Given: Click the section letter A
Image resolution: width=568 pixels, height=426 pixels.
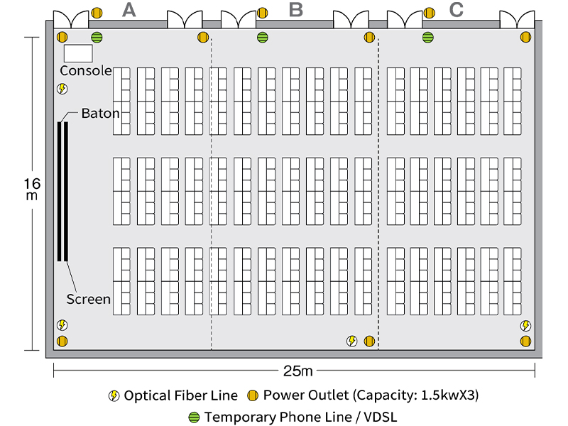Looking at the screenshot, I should click(x=129, y=10).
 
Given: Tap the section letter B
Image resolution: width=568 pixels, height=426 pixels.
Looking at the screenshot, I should click(x=296, y=10).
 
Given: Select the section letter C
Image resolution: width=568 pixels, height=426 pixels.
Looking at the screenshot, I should click(x=457, y=10).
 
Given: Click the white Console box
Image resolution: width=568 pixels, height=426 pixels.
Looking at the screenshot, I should click(x=78, y=53).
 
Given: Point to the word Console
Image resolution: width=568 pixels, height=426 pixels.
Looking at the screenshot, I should click(x=85, y=70).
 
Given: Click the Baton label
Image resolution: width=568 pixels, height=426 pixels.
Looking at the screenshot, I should click(x=100, y=113).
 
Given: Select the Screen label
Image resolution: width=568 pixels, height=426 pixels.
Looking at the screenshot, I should click(x=89, y=299).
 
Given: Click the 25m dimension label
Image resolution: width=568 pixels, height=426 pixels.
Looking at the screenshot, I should click(x=297, y=371).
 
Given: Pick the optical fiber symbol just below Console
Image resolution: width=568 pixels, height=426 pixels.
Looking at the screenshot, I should click(x=62, y=89).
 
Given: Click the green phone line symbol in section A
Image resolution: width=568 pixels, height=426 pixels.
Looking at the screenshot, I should click(x=97, y=37).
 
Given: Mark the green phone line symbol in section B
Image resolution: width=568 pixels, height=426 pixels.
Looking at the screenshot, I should click(x=263, y=37).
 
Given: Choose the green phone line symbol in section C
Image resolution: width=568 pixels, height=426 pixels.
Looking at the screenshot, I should click(x=428, y=37).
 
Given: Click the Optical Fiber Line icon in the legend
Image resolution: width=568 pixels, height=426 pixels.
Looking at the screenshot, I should click(x=114, y=395).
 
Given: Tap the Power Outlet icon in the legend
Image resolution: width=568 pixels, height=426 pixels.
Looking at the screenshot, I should click(x=253, y=395).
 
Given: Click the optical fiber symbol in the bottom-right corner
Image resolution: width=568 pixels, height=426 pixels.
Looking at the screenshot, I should click(x=525, y=326).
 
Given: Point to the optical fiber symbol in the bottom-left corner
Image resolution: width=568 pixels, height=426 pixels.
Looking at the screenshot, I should click(x=62, y=325).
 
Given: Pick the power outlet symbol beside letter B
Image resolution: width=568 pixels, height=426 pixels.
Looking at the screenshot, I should click(x=263, y=13).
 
